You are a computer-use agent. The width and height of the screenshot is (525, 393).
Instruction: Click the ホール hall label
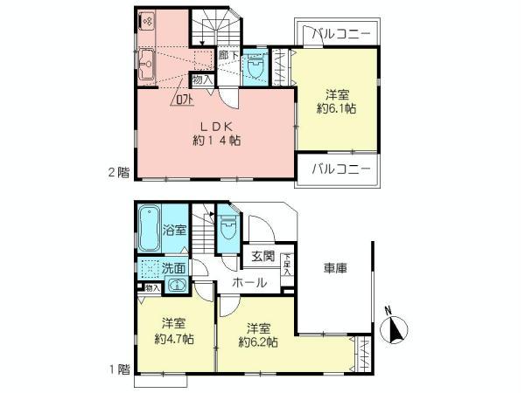click(x=251, y=283)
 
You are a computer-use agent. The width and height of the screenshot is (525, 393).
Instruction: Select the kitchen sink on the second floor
click(x=145, y=62)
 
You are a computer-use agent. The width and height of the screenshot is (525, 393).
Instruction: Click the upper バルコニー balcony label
click(x=341, y=33)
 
